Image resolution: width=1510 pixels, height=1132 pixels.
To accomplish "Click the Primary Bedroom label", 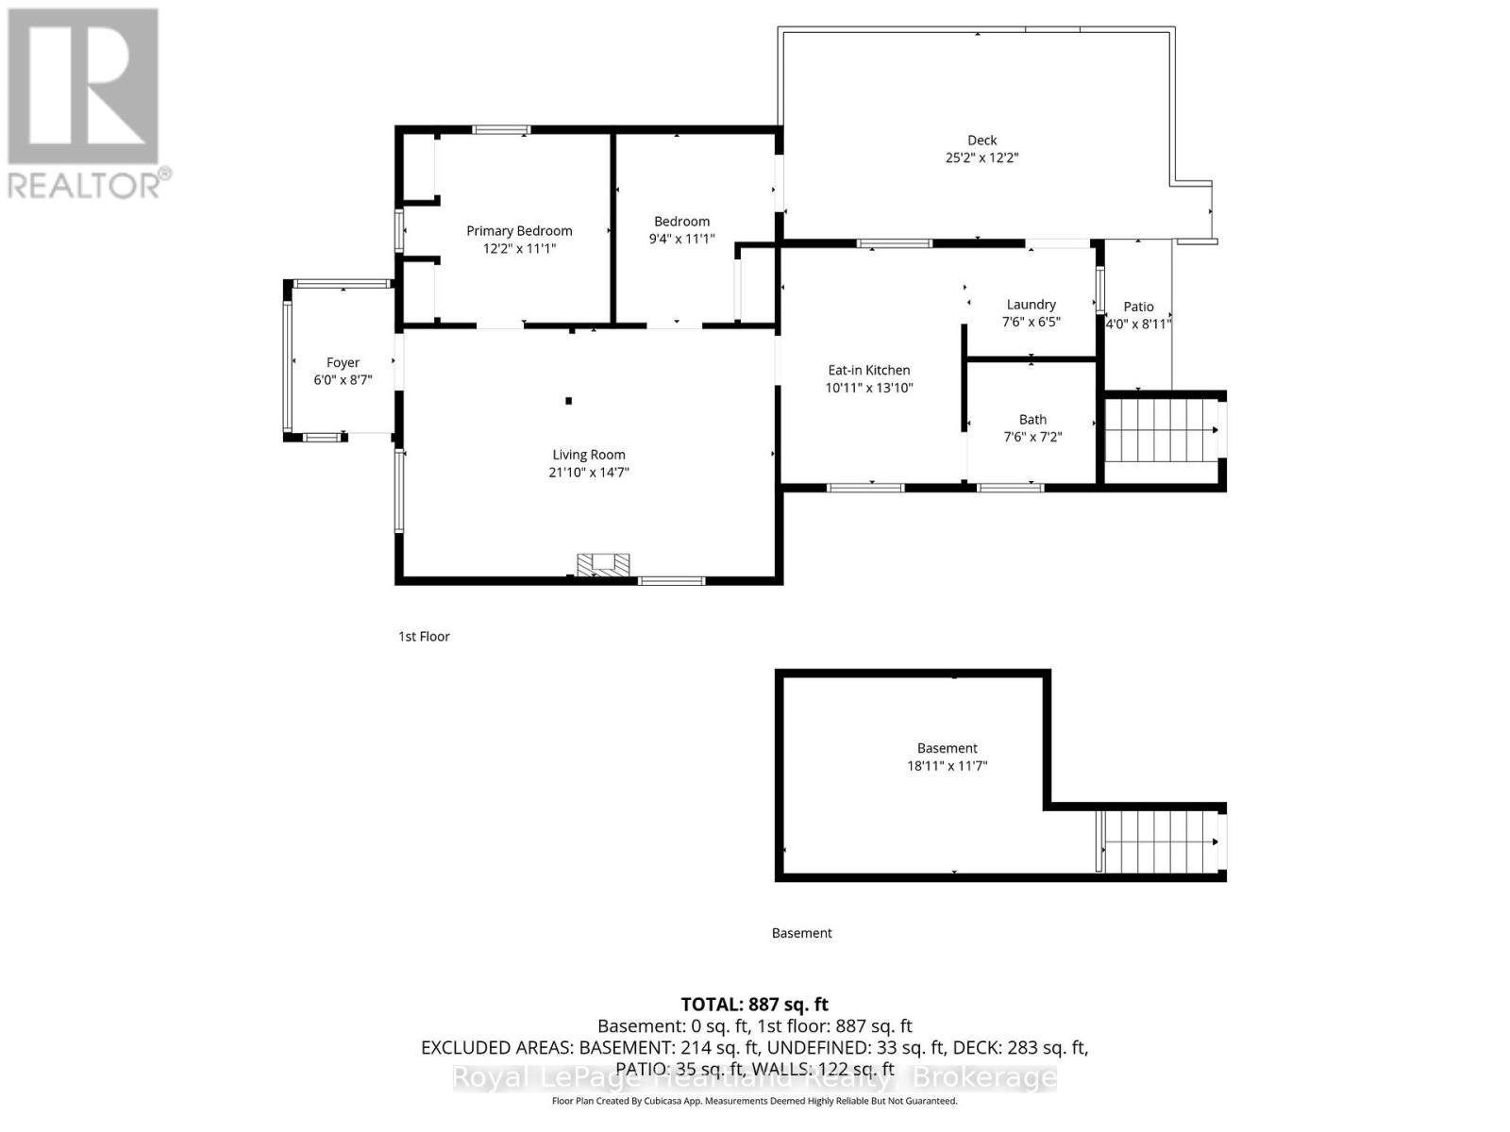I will coord(519,230).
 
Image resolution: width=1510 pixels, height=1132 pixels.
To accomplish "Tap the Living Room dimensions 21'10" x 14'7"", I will coord(588,472).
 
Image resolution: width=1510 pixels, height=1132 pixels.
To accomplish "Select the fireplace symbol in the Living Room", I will coord(604,564).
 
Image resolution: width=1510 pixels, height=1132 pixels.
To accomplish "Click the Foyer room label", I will coord(343,362).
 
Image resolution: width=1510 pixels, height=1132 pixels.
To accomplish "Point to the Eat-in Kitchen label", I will coord(868,370).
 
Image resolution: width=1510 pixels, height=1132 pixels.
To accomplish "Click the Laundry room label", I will coord(1031,304).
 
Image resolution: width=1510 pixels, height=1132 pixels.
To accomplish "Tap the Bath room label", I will coord(1032,419).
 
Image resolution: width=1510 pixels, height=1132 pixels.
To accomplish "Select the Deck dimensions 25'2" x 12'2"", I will coord(981,158).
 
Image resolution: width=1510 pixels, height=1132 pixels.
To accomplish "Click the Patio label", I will coord(1138,306).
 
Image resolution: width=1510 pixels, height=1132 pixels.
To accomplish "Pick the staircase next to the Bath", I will coord(1161,430).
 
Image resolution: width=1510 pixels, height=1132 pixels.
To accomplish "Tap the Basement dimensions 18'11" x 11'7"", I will coord(947,766).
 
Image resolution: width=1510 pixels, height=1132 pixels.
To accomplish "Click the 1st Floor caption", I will coord(424,636).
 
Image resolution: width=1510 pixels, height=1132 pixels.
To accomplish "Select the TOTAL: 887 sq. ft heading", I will coord(754,1004).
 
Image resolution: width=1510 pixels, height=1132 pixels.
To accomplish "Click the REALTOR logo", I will coord(85,104).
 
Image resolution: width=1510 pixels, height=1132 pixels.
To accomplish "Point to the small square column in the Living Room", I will coord(569,401).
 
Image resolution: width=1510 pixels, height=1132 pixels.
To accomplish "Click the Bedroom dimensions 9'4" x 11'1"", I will coord(681,239).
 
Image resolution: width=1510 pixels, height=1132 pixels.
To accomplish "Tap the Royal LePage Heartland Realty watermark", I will coord(754,1077).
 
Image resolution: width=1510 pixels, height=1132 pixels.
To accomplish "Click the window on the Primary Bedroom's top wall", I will coord(501,130).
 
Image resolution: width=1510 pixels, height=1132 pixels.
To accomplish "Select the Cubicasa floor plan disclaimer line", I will coord(754,1101).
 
